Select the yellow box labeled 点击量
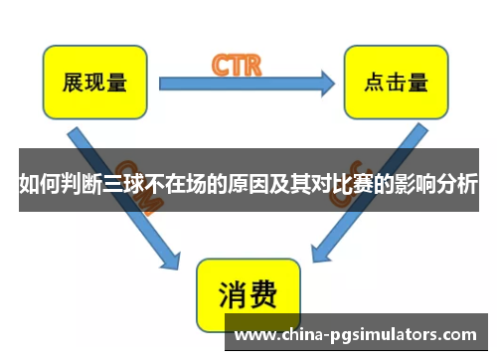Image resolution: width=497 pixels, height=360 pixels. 390,82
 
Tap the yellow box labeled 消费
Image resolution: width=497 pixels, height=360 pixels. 248,294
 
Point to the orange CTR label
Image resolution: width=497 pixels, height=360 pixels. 236,66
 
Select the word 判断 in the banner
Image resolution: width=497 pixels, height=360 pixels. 87,182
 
